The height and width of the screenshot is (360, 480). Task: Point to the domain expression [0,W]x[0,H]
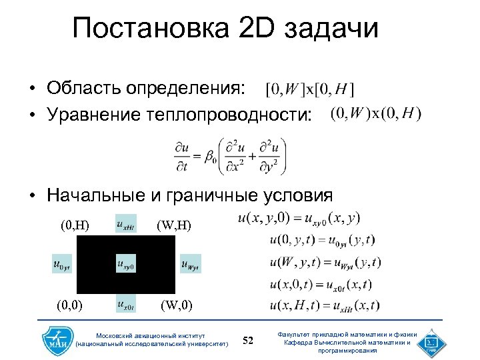(309, 89)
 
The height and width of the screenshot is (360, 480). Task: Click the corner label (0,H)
(75, 225)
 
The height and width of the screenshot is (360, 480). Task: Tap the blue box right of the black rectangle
(190, 264)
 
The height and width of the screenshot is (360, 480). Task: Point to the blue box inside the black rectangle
(125, 264)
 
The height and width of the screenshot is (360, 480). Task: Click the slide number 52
(248, 341)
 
